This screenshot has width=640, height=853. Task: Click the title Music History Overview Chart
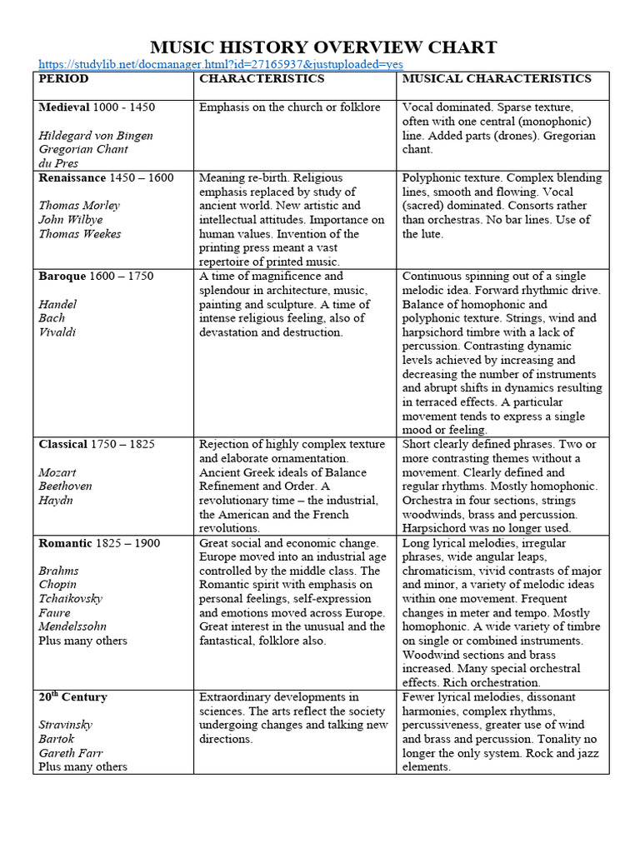tap(323, 47)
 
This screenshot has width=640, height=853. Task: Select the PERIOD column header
tap(63, 79)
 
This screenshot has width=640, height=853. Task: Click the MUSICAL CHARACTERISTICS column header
tap(497, 79)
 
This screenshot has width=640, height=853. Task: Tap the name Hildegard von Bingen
tap(96, 135)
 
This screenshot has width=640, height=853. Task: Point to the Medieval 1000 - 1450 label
tap(97, 107)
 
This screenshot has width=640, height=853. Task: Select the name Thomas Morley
tap(79, 206)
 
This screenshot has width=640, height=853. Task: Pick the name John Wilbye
tap(70, 220)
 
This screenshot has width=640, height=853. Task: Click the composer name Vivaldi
tap(57, 332)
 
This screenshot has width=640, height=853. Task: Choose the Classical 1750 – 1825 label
tap(97, 444)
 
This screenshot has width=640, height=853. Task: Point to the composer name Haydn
tap(56, 501)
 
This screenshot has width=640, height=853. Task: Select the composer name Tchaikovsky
tap(73, 599)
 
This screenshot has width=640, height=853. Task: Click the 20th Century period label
tap(72, 697)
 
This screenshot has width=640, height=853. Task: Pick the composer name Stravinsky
tap(66, 725)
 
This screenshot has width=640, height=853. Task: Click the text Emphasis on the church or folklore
tap(290, 107)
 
